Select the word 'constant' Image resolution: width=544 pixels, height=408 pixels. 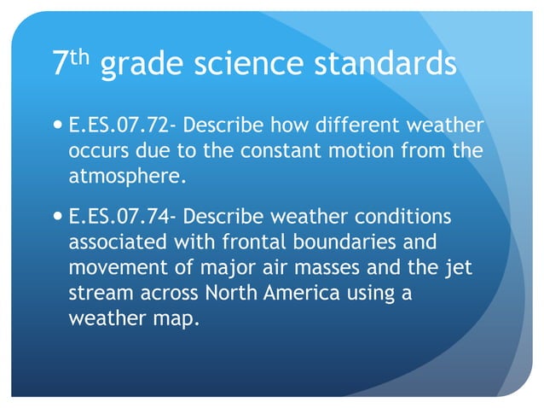pyautogui.click(x=260, y=154)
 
